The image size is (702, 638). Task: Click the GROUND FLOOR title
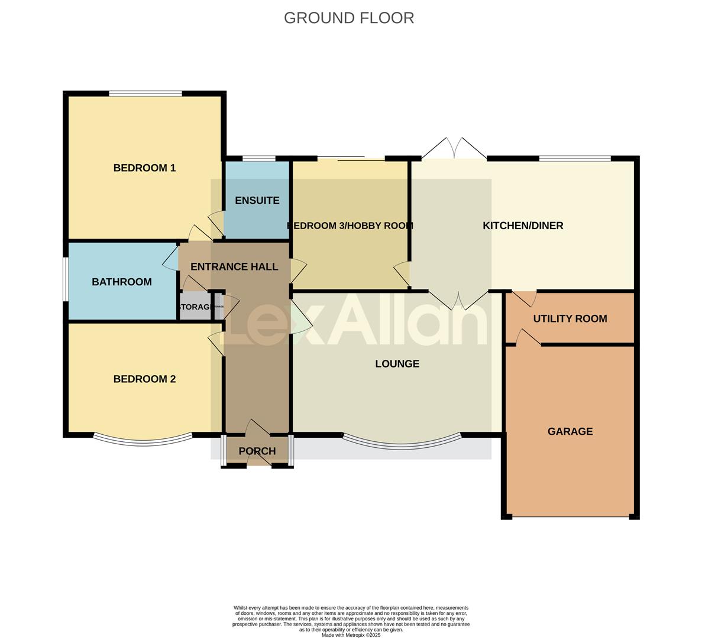pyautogui.click(x=349, y=18)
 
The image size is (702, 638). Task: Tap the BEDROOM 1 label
pyautogui.click(x=144, y=168)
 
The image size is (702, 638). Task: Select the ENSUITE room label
pyautogui.click(x=257, y=200)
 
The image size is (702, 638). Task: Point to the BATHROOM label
pyautogui.click(x=122, y=282)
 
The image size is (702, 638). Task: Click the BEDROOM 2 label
pyautogui.click(x=144, y=379)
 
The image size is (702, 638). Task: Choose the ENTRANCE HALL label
pyautogui.click(x=234, y=266)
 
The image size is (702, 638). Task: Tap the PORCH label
pyautogui.click(x=257, y=451)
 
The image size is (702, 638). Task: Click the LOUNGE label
pyautogui.click(x=397, y=363)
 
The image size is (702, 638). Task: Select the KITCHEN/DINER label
pyautogui.click(x=523, y=225)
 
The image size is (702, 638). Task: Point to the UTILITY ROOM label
pyautogui.click(x=570, y=318)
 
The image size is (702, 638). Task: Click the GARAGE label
pyautogui.click(x=570, y=431)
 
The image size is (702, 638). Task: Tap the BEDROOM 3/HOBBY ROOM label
pyautogui.click(x=350, y=225)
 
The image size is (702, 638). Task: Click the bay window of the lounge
pyautogui.click(x=402, y=442)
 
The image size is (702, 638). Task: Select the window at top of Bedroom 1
pyautogui.click(x=145, y=93)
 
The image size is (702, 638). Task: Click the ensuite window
pyautogui.click(x=258, y=158)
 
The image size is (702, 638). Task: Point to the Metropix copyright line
pyautogui.click(x=351, y=635)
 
